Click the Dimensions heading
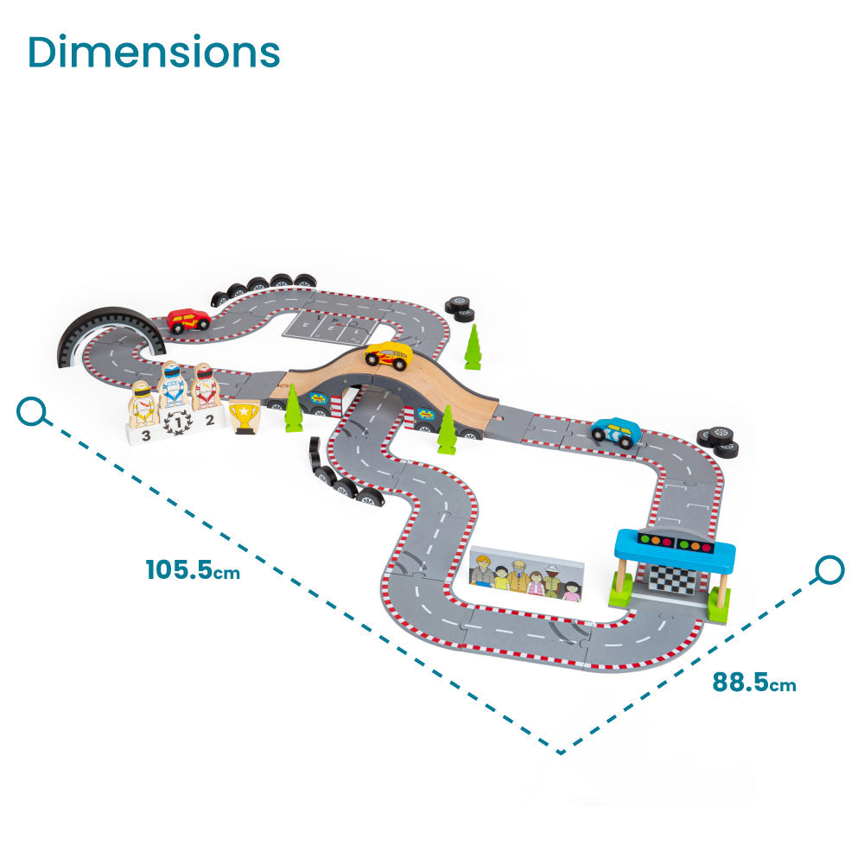[x=154, y=53]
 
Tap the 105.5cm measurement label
[x=193, y=569]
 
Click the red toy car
[x=188, y=320]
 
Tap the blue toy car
[x=614, y=431]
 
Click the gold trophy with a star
[x=245, y=416]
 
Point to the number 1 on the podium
[x=177, y=422]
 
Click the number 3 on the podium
[x=146, y=435]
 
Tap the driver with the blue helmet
[x=173, y=384]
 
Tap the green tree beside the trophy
[x=294, y=410]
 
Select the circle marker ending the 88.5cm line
[x=829, y=569]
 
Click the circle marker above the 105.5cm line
[x=32, y=411]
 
